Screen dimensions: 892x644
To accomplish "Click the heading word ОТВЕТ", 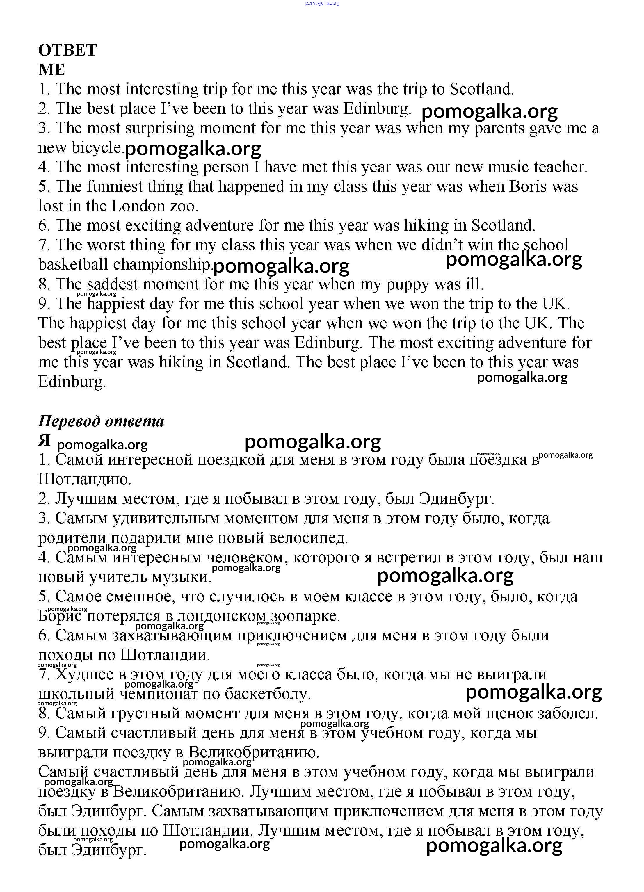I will pyautogui.click(x=67, y=50).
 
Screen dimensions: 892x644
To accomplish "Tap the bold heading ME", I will pyautogui.click(x=51, y=70).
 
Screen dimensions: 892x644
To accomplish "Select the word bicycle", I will pyautogui.click(x=97, y=147).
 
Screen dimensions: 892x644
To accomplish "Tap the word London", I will pyautogui.click(x=138, y=206).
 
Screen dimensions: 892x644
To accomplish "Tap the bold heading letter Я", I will pyautogui.click(x=44, y=441).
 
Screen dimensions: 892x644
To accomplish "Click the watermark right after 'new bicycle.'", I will pyautogui.click(x=193, y=149).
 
